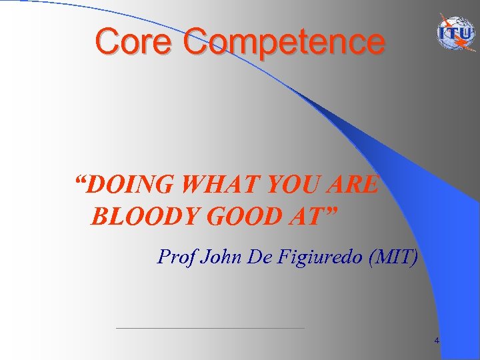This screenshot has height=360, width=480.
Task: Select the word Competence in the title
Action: coord(284,43)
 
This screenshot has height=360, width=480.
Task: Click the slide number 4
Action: coord(437,341)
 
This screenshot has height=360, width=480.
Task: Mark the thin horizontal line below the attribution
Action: coord(210,328)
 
